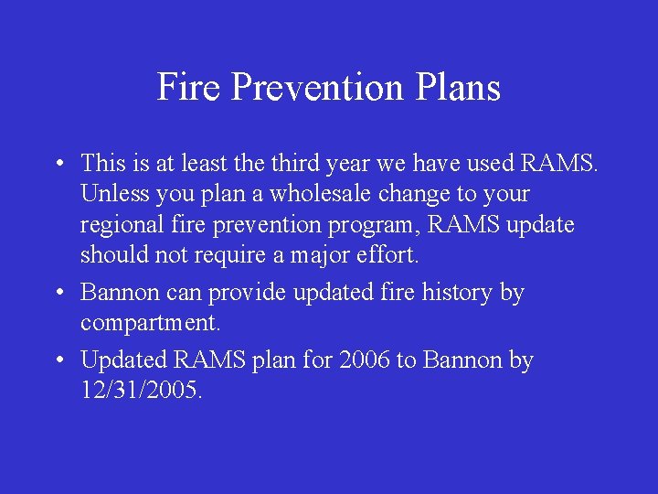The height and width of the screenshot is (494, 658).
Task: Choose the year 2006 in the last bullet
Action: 364,360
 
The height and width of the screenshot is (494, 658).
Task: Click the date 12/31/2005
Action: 142,392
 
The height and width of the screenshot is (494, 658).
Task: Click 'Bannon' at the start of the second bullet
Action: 118,293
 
